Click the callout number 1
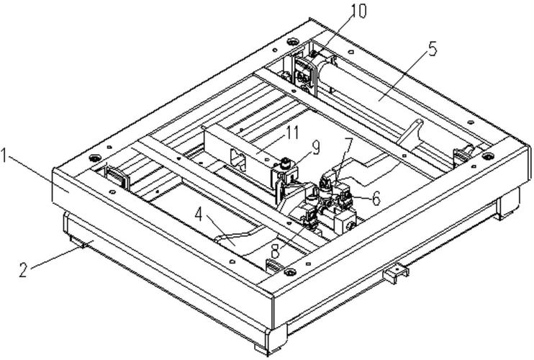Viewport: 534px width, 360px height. tap(4, 156)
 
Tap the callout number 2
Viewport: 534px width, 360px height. tap(23, 269)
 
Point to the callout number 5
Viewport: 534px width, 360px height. tap(432, 48)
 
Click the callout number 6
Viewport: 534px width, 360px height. tap(376, 198)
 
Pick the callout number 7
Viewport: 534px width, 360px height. tap(348, 145)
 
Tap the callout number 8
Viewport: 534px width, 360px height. tap(275, 252)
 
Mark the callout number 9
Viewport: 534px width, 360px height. tap(316, 148)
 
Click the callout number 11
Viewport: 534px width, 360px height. tap(291, 132)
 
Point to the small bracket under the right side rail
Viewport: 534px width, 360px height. tap(396, 274)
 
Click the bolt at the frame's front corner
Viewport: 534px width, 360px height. tap(290, 272)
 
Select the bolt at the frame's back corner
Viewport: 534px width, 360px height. tap(292, 42)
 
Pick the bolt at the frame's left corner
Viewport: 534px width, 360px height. tap(94, 158)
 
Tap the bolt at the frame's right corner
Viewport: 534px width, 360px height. tap(488, 156)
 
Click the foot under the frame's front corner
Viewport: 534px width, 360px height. tap(271, 340)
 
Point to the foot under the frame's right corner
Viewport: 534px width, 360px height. tap(509, 204)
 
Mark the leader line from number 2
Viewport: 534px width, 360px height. tap(58, 258)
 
